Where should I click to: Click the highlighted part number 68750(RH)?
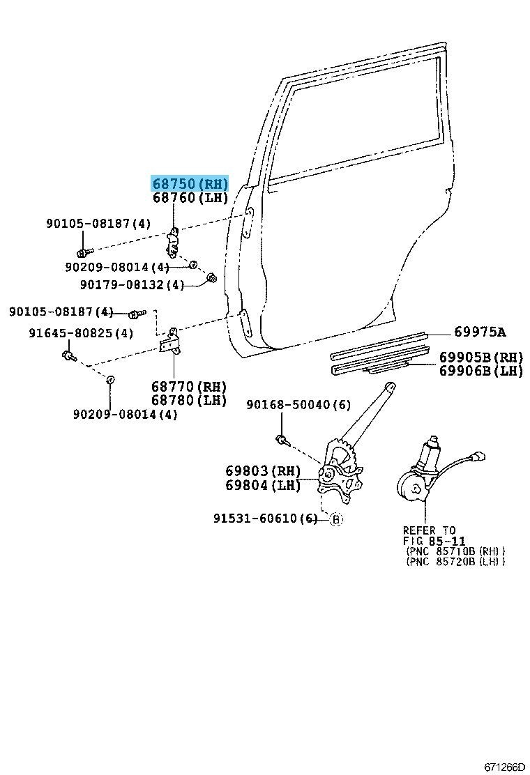click(x=190, y=184)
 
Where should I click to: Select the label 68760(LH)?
click(x=190, y=199)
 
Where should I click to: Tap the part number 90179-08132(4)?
click(x=132, y=284)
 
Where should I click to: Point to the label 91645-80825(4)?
click(x=81, y=333)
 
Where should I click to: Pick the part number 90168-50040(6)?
click(x=298, y=404)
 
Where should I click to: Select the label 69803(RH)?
click(x=263, y=471)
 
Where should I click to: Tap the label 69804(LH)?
click(x=263, y=485)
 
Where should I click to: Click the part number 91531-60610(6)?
click(x=266, y=519)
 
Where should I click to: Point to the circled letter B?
click(x=335, y=519)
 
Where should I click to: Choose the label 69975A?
click(x=480, y=332)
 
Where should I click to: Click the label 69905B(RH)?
click(x=480, y=357)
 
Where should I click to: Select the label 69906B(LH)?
click(x=480, y=371)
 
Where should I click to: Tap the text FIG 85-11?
click(x=434, y=541)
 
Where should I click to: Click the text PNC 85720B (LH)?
click(x=455, y=561)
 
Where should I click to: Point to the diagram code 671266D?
click(x=504, y=767)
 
